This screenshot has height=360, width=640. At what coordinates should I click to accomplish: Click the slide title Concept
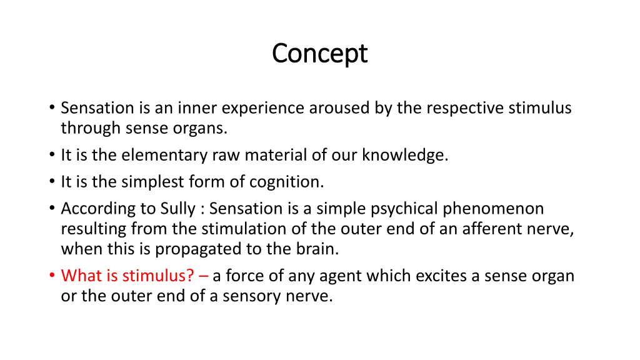[319, 54]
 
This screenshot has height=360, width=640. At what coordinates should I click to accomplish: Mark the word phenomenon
[493, 208]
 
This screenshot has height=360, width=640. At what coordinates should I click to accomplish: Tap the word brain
[317, 249]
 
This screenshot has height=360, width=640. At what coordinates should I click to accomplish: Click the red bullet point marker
[51, 276]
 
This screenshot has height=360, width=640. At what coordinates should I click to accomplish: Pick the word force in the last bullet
[243, 276]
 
